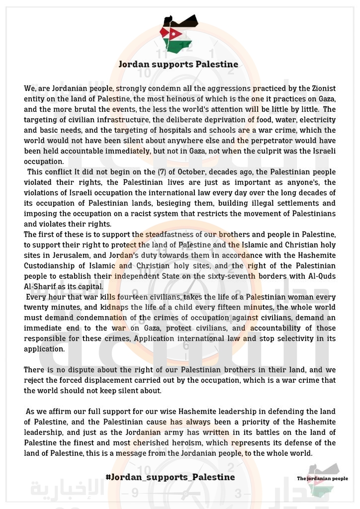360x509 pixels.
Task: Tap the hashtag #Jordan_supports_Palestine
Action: [170, 477]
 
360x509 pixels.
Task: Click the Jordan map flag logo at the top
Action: [178, 33]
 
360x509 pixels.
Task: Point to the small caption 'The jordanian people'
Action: [322, 479]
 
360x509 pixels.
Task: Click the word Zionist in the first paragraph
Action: [319, 88]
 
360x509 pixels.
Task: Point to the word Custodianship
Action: [54, 265]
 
